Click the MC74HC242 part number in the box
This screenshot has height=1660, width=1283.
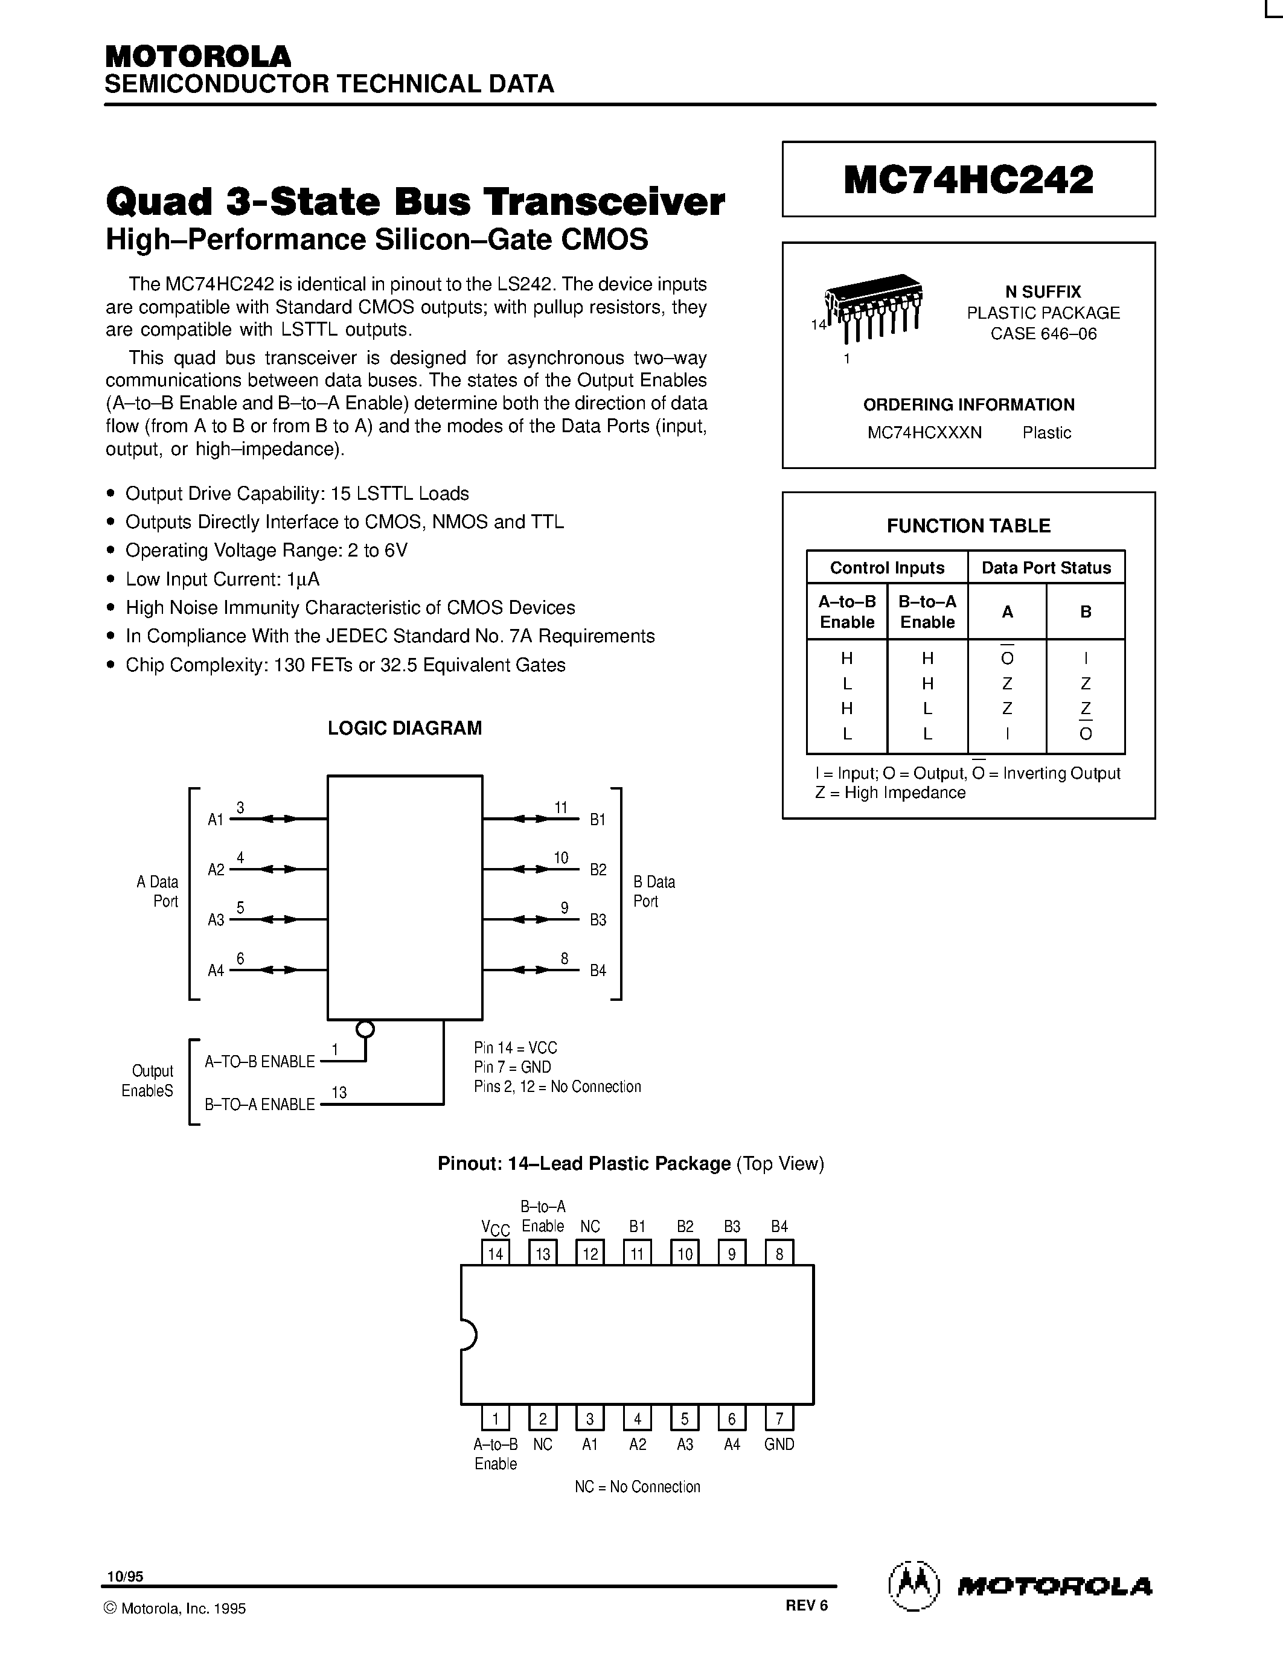coord(968,180)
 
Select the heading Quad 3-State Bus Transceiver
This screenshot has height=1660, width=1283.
coord(415,202)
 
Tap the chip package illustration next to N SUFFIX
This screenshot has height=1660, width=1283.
coord(874,308)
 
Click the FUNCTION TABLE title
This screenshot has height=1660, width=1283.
coord(968,525)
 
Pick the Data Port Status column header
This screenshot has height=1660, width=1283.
coord(1046,568)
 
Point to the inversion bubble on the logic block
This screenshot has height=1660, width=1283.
coord(365,1029)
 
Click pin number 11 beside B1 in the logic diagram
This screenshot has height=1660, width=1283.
coord(561,807)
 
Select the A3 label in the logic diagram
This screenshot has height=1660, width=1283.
coord(216,920)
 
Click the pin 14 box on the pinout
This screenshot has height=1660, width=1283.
coord(496,1253)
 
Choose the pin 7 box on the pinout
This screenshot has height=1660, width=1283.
coord(779,1419)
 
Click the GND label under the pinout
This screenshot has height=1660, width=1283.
coord(779,1444)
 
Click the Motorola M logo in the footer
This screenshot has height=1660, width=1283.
coord(913,1587)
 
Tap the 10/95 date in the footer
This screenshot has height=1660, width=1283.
coord(124,1576)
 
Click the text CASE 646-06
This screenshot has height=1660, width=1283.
coord(1043,334)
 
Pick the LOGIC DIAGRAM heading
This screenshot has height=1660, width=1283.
coord(405,728)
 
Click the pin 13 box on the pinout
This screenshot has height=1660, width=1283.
coord(543,1253)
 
